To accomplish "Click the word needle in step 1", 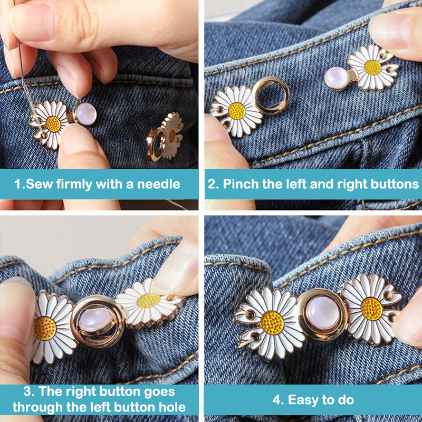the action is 159,184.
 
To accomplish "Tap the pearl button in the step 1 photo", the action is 85,114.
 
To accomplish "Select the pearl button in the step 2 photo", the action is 335,78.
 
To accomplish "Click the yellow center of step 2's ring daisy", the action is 237,111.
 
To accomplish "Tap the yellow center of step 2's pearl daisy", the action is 373,68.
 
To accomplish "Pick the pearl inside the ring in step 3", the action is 95,320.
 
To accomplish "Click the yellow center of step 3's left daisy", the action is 45,328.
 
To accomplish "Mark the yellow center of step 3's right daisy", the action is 149,301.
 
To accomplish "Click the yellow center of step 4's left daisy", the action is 272,323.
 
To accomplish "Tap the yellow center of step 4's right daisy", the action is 372,309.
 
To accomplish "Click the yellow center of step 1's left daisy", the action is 53,124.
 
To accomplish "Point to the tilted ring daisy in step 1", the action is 165,137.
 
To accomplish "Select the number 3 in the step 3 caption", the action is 27,391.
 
